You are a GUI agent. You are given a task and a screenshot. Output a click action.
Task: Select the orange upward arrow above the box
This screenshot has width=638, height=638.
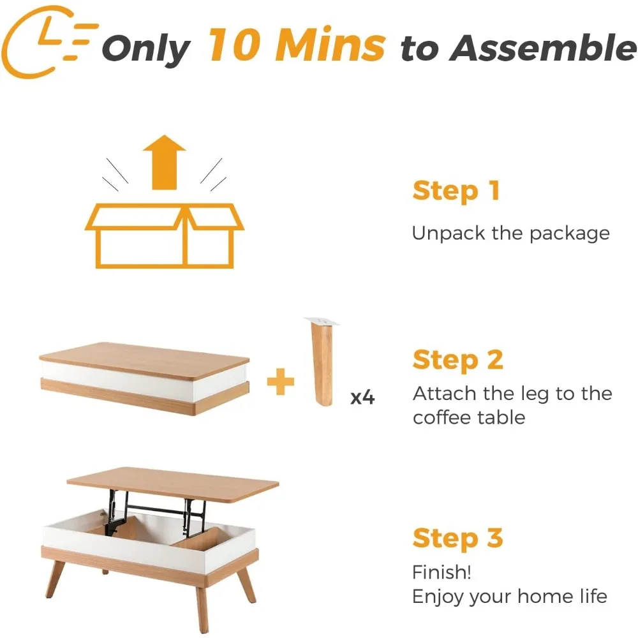coord(164,163)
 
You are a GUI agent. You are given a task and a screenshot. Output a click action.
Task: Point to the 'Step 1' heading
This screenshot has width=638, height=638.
coord(456,191)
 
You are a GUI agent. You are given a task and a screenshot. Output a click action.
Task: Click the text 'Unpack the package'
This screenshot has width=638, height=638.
coord(510,233)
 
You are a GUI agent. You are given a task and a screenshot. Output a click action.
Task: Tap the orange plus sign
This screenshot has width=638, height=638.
coord(280,382)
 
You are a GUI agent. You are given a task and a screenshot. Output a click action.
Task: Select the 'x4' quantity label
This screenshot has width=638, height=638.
coord(362,397)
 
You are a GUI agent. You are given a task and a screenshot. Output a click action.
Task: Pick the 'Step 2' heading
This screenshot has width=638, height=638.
coord(457,360)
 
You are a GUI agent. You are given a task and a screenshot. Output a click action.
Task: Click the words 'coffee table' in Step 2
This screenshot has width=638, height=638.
coord(469,418)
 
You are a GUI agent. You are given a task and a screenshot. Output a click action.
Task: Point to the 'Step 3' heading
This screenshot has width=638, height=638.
coord(457,538)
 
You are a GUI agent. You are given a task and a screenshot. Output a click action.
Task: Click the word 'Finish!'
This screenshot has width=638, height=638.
coord(441,572)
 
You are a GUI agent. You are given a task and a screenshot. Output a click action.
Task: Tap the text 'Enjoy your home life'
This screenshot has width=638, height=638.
coord(509,597)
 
